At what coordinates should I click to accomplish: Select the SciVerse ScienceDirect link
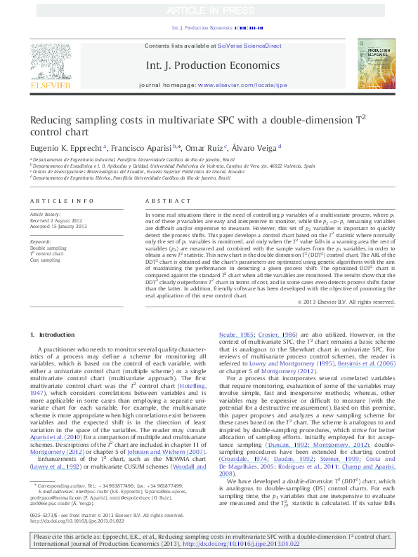[x=249, y=46]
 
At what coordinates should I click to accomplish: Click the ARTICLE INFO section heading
[x=61, y=201]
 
